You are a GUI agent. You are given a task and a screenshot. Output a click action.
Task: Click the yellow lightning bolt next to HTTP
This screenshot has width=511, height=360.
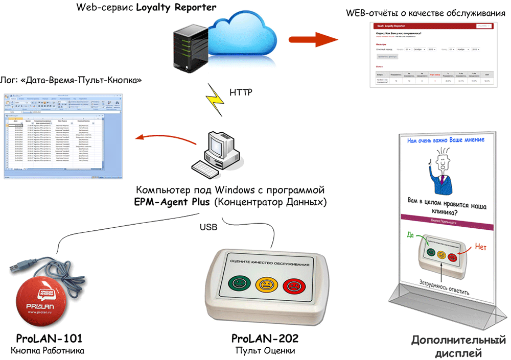[214, 97]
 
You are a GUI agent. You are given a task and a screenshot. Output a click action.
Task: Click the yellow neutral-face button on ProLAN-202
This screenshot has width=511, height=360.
[266, 284]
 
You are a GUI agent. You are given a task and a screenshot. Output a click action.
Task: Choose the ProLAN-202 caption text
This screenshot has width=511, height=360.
[265, 339]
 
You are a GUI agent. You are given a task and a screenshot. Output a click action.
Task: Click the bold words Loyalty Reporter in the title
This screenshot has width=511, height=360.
[176, 8]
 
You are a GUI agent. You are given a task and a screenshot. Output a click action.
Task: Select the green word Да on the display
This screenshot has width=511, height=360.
[410, 235]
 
